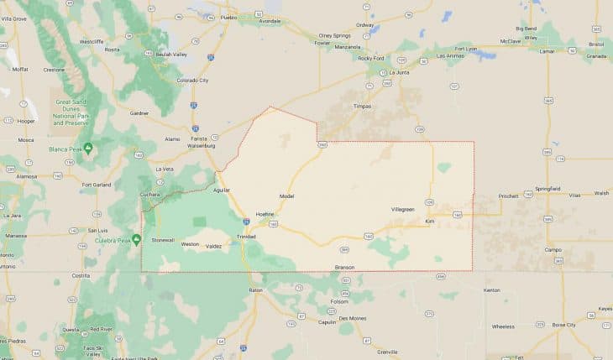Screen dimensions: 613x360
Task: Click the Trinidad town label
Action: [246, 237]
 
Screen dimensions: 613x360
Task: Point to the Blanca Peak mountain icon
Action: [87, 149]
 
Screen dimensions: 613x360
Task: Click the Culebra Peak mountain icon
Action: [136, 239]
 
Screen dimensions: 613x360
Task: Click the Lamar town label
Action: [547, 50]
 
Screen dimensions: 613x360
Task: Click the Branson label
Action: [345, 267]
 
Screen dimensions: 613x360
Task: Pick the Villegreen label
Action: [403, 208]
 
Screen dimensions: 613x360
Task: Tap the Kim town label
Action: [430, 221]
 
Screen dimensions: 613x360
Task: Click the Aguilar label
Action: [222, 190]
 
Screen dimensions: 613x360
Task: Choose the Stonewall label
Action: [163, 240]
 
